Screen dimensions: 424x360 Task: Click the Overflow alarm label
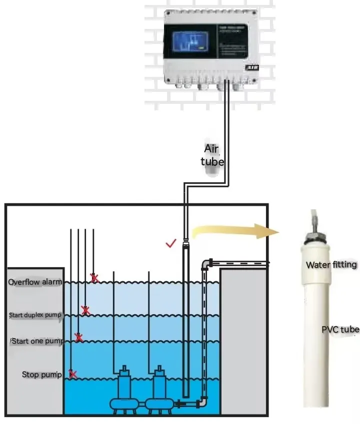(x=35, y=282)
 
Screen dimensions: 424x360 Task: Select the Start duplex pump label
(x=35, y=315)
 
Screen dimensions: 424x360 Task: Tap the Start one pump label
(x=37, y=342)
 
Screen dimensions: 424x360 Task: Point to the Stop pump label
(x=42, y=375)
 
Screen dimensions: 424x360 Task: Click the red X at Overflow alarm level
(x=93, y=277)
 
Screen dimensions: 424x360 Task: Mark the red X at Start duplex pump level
(x=85, y=310)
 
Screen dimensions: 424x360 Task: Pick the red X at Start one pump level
(x=78, y=338)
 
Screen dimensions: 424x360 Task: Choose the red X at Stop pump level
(x=72, y=374)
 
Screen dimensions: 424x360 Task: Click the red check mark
(x=171, y=243)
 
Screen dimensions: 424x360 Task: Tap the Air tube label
(x=212, y=155)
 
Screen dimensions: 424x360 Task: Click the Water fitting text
(x=331, y=265)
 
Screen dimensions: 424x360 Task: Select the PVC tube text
(x=340, y=330)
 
